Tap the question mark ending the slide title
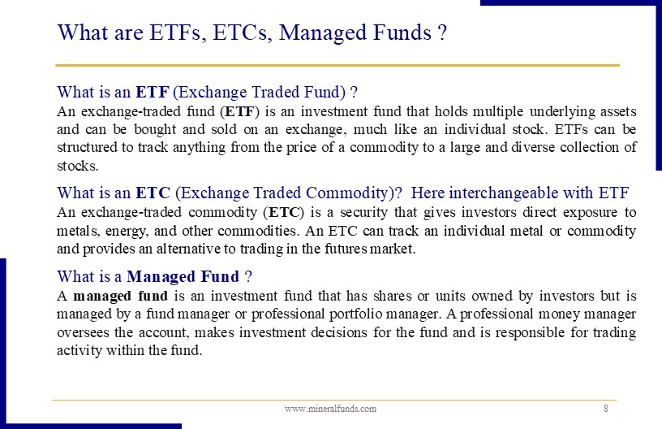[442, 32]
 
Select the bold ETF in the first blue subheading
[153, 92]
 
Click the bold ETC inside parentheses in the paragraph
[284, 212]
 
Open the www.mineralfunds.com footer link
[330, 409]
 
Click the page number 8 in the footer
[606, 409]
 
